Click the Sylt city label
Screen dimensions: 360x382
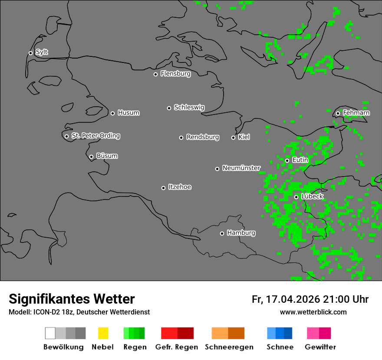tap(42, 52)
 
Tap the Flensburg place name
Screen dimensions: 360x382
tap(175, 74)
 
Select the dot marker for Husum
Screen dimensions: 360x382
tap(112, 113)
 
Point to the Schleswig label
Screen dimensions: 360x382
tap(189, 107)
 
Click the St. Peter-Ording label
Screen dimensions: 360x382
tap(95, 136)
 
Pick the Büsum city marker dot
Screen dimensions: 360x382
tap(91, 157)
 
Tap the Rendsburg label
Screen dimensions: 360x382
tap(202, 137)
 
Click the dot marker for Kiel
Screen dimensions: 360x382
tap(233, 137)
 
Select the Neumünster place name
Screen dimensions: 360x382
tap(241, 168)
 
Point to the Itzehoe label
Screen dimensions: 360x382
tap(180, 187)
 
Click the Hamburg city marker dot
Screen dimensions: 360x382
tap(222, 233)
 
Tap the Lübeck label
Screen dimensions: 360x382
tap(312, 196)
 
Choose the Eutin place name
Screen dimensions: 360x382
tap(300, 160)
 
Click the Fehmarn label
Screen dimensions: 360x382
tap(356, 113)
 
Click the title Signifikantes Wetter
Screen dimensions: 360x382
tap(72, 299)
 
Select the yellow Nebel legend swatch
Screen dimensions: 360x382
tap(103, 333)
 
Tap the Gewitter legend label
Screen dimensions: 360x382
tap(320, 347)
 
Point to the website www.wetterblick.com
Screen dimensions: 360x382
tap(313, 312)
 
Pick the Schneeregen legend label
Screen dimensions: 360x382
tap(229, 347)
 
